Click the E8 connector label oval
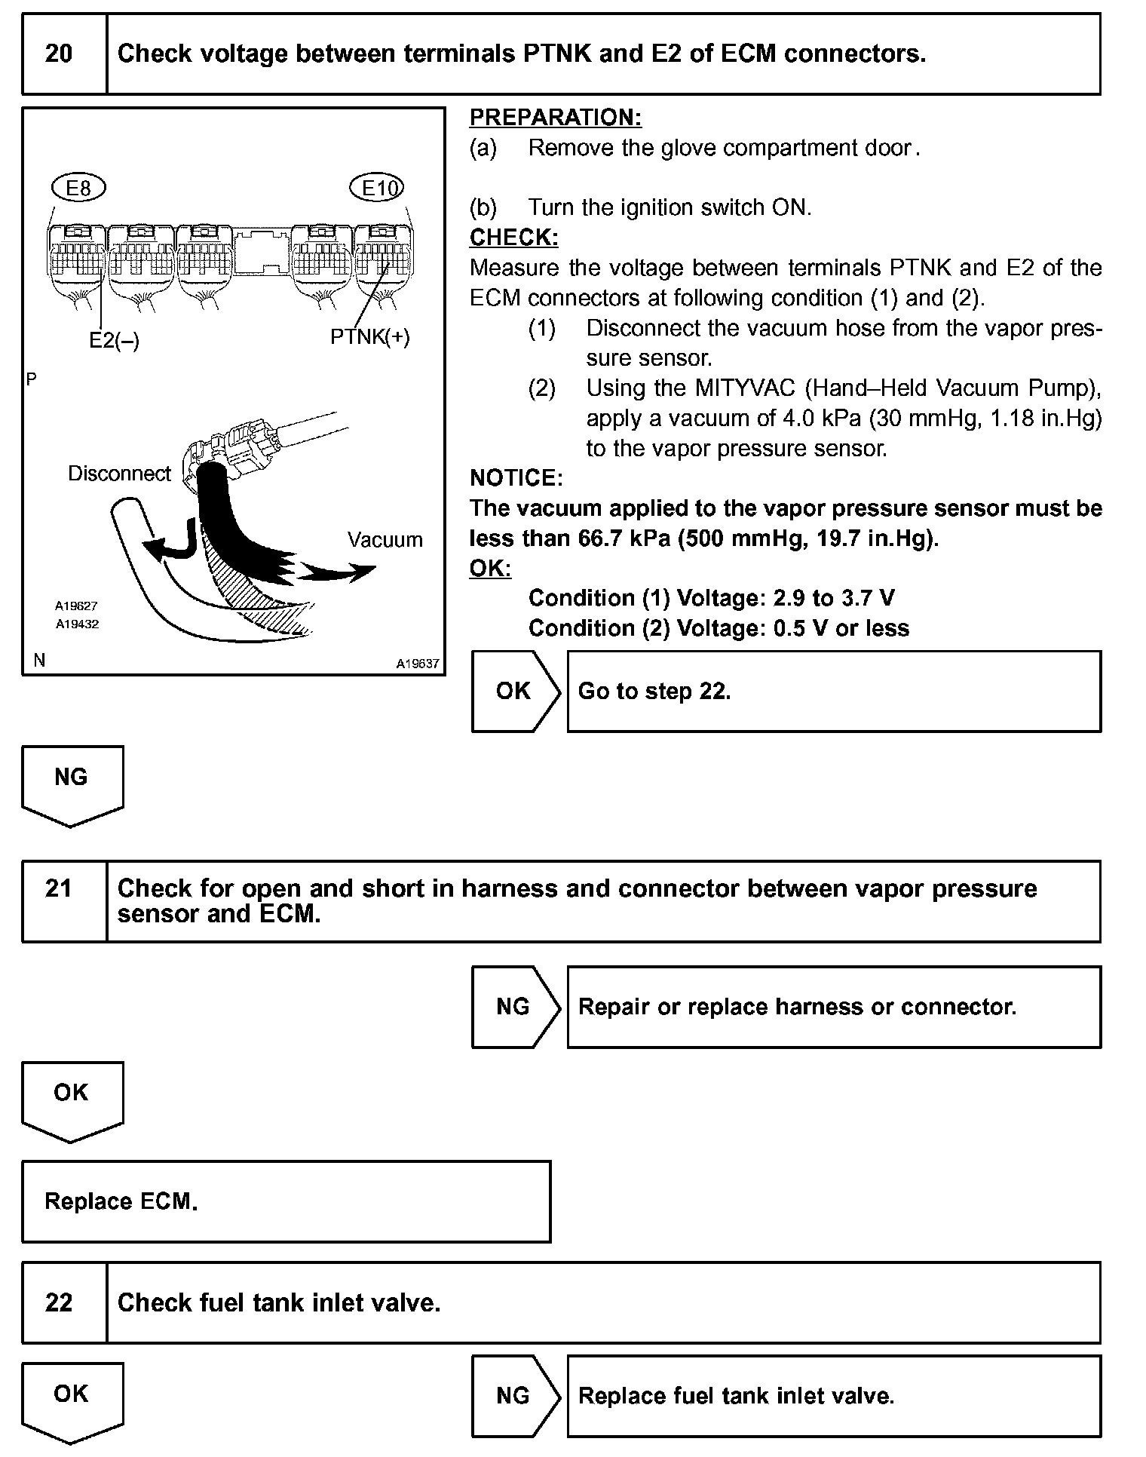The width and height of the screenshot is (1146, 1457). [x=78, y=188]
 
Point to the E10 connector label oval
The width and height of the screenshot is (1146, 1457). [x=378, y=188]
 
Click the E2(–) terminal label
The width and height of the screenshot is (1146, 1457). [x=114, y=341]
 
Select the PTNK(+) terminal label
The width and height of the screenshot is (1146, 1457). [x=370, y=337]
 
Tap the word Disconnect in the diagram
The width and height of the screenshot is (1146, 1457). [x=119, y=474]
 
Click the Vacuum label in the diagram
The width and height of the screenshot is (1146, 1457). [x=385, y=540]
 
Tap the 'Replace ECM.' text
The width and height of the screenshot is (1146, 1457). [x=121, y=1201]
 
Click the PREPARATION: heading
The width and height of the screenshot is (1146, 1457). [x=555, y=118]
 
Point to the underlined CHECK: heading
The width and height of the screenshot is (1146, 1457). [x=513, y=238]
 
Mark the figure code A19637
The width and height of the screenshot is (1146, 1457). [x=418, y=664]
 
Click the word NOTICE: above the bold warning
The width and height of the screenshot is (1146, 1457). [x=516, y=478]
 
